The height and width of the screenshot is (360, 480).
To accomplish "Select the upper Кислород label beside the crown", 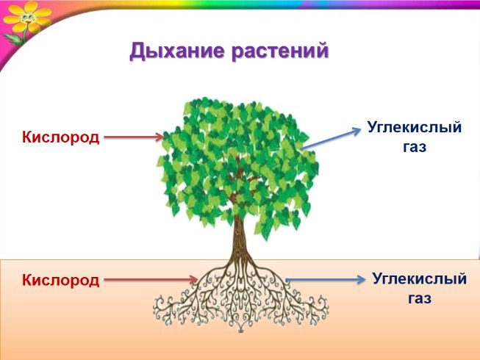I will point(60,137).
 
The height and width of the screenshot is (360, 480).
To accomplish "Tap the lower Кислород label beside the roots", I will point(60,280).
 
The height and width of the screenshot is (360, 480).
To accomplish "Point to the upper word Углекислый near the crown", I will point(415,128).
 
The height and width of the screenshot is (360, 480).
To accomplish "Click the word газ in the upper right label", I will point(415,146).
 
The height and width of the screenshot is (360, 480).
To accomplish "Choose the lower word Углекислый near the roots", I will point(420,279).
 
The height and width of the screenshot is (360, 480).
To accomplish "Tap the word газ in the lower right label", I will point(420,298).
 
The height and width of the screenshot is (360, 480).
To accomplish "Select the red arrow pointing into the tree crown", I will point(133,137).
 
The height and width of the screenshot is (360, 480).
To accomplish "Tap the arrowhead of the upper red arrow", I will point(160,137).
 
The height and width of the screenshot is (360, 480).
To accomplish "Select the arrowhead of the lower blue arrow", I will point(360,279).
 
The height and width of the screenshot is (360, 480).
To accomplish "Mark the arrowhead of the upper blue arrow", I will point(355,126).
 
